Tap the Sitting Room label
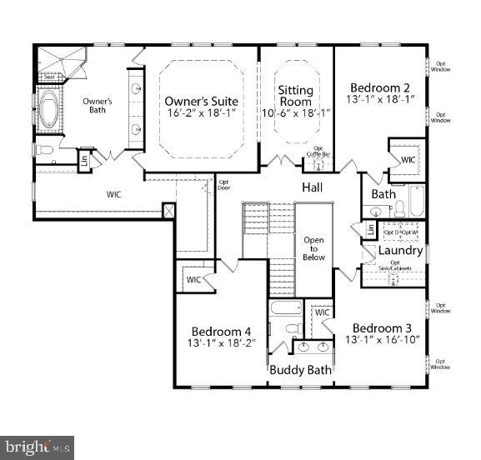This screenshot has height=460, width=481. pos(295,96)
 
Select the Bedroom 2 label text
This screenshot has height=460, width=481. pos(379,88)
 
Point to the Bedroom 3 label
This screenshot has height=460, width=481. pos(381,327)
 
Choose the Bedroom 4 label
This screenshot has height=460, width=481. pos(221,331)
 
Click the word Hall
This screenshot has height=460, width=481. pos(313,187)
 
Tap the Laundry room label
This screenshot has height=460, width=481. pos(400,250)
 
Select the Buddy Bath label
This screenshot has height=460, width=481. pos(300,370)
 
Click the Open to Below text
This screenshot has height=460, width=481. pos(313,248)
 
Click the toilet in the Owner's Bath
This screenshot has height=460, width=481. pos(44,150)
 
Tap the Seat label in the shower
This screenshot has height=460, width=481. pos(48,77)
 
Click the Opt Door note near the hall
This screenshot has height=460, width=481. pos(223,185)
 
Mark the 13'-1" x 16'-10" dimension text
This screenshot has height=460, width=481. pos(381,340)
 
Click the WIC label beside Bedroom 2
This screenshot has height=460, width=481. pos(408,159)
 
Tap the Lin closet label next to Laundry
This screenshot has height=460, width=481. pos(368,228)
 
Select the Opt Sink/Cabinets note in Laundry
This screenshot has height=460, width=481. pos(401,265)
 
